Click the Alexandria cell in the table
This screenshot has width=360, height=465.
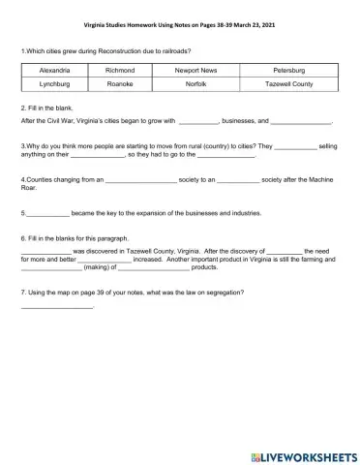(x=55, y=71)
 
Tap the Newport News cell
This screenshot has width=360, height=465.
(x=195, y=71)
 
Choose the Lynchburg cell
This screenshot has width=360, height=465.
(x=55, y=84)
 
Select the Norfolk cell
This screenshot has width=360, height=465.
(x=195, y=84)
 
